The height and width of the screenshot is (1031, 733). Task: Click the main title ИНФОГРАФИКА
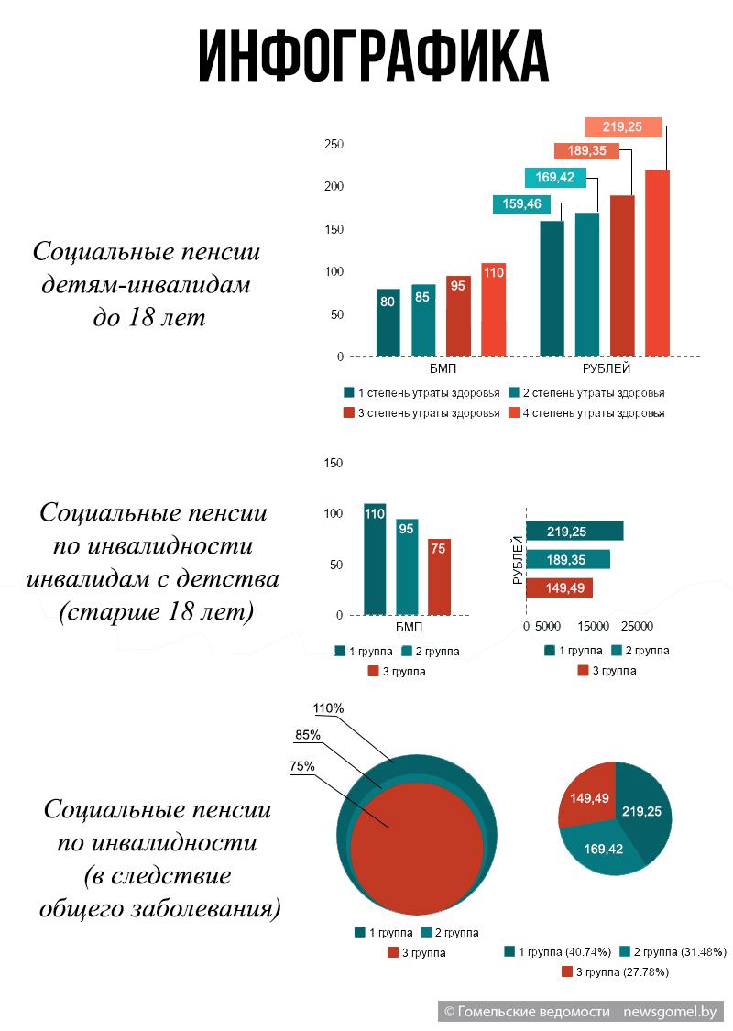tap(373, 56)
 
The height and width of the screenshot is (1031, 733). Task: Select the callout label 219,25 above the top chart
tap(622, 126)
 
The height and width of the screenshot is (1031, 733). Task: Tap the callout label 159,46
tap(522, 203)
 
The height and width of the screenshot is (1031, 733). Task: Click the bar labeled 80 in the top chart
tap(388, 323)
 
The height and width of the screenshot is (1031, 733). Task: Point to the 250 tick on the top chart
tap(334, 144)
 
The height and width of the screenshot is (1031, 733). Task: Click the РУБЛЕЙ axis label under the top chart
tap(607, 368)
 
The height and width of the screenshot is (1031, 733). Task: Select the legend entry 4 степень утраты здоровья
tap(586, 413)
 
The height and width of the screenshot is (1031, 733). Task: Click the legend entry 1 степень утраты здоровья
tap(421, 393)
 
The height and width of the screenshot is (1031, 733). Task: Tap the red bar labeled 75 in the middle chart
tap(439, 577)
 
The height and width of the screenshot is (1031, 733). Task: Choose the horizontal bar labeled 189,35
tap(568, 560)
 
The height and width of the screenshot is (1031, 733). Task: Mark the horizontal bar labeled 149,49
tap(560, 587)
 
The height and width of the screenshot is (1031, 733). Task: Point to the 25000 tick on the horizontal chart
tap(637, 626)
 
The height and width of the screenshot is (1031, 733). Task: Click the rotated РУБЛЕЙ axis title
tap(518, 560)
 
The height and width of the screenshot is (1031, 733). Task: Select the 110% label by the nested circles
tap(328, 708)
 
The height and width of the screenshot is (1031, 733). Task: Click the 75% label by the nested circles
tap(301, 767)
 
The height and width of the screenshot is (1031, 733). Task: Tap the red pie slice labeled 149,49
tap(586, 795)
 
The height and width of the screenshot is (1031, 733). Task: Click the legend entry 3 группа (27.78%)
tap(616, 971)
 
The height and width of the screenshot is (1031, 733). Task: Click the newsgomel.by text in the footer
tap(670, 1011)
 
